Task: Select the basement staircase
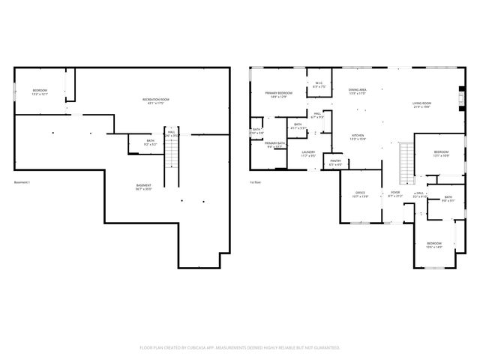click(x=172, y=155)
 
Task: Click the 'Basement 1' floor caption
click(x=23, y=181)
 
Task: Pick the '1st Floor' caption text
click(x=256, y=181)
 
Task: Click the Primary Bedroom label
click(x=277, y=94)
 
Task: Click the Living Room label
click(x=421, y=104)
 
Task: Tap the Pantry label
click(x=335, y=160)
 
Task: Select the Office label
click(x=361, y=194)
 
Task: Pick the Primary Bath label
click(x=274, y=144)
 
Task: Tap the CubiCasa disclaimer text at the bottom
click(x=240, y=347)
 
